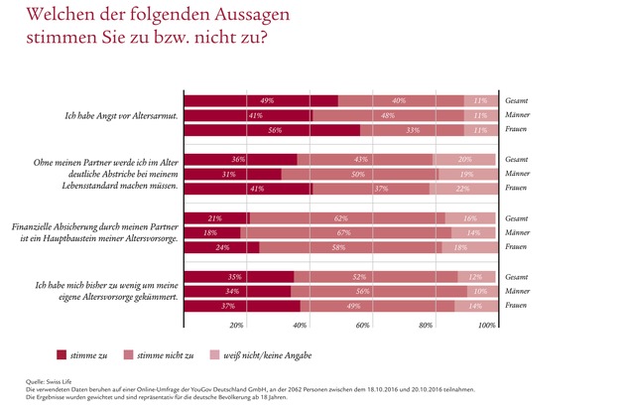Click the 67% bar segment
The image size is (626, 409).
click(x=345, y=231)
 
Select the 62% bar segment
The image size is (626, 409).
click(x=346, y=217)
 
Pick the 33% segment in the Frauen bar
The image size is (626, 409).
click(x=412, y=129)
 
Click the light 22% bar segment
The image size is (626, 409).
click(x=462, y=188)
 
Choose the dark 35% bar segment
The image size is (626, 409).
click(x=239, y=276)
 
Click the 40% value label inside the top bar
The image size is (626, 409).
click(x=399, y=100)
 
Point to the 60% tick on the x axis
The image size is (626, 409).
click(x=363, y=325)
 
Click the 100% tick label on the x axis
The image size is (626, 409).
click(x=486, y=325)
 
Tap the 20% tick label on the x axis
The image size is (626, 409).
click(x=236, y=325)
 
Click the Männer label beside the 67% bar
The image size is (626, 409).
click(x=518, y=231)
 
